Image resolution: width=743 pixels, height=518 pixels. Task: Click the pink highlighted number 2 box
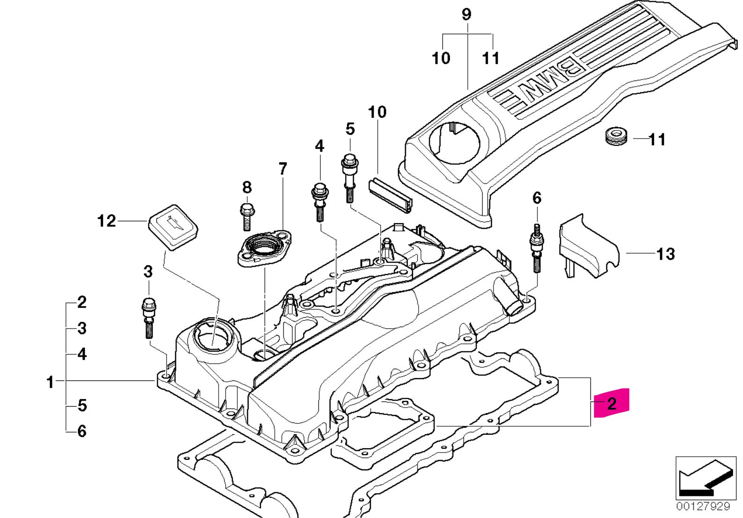611,403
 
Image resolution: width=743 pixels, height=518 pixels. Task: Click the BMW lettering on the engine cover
538,82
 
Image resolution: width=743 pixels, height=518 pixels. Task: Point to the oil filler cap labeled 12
173,226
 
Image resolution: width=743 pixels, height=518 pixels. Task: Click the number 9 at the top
466,15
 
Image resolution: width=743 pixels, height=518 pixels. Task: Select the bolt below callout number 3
148,316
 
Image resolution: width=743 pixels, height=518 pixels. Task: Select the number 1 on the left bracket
50,382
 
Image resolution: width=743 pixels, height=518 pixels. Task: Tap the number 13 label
665,254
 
